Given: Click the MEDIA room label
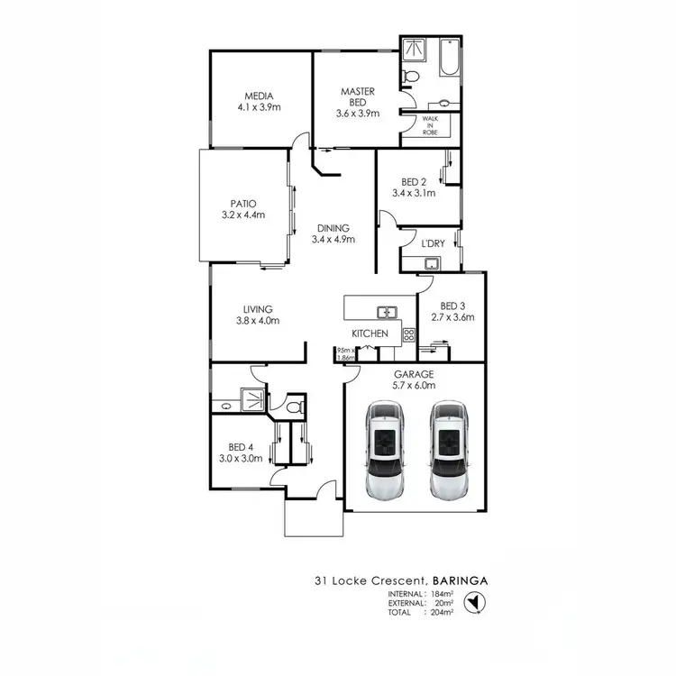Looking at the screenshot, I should (260, 96).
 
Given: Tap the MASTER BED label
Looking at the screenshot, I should (357, 92).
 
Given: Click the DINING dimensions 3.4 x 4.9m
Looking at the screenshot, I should (333, 240).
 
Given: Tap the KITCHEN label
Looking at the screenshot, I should (370, 333).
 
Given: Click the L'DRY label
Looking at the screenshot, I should (432, 242).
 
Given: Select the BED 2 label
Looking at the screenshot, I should (414, 181).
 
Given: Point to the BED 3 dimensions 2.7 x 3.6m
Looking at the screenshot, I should (452, 317).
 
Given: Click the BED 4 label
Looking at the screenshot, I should (240, 447).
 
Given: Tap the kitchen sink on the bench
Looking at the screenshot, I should (388, 313).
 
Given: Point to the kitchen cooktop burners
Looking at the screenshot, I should (408, 334).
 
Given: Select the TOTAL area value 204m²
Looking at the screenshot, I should (442, 612).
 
